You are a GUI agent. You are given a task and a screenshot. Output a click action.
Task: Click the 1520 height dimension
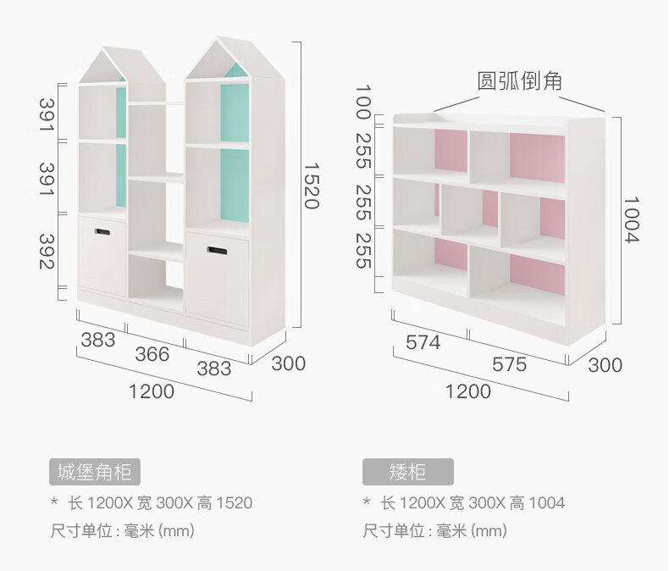[x=310, y=186]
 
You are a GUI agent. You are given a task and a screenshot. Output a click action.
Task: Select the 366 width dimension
[x=152, y=354]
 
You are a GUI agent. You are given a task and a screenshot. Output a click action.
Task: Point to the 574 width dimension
[x=423, y=342]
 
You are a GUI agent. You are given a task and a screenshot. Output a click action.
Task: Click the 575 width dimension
[x=509, y=364]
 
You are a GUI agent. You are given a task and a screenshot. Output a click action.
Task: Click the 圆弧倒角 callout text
[x=520, y=81]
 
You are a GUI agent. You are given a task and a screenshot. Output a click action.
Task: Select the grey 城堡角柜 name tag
[x=94, y=472]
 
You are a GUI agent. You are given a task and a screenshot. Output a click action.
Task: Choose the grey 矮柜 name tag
[x=408, y=472]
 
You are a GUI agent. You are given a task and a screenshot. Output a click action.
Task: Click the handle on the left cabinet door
[x=102, y=231]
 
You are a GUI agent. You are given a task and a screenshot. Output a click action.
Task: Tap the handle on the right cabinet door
[x=217, y=250]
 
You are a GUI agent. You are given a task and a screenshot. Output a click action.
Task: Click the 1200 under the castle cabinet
[x=152, y=391]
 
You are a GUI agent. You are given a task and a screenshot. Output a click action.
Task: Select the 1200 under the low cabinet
[x=468, y=391]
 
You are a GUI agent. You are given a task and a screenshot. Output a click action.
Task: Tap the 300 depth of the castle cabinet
[x=289, y=364]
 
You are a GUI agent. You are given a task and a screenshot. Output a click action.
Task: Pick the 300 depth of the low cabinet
[x=605, y=365]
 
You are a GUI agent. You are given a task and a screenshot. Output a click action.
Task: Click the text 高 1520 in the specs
[x=224, y=503]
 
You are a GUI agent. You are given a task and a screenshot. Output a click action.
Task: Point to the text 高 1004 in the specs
[x=537, y=503]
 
